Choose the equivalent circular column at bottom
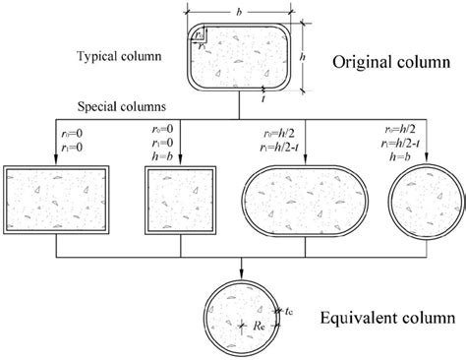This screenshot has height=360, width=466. pos(242,316)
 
